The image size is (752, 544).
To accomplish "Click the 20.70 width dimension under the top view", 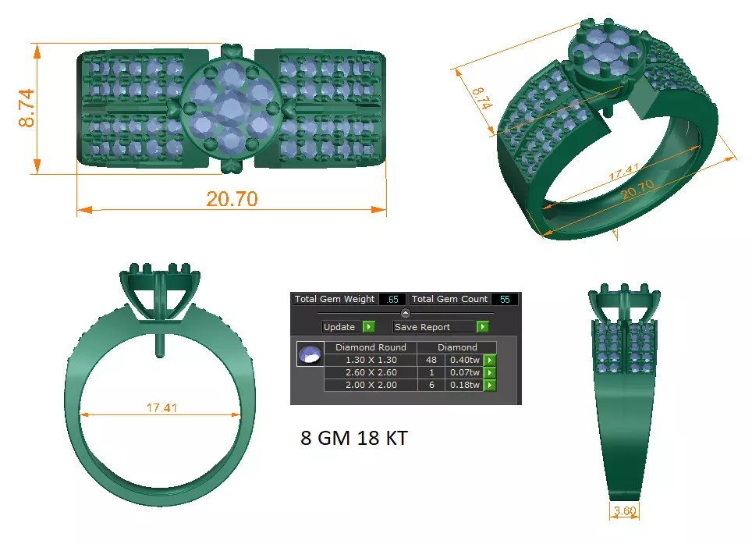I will click(x=232, y=199).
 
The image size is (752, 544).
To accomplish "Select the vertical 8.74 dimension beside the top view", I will click(x=27, y=108).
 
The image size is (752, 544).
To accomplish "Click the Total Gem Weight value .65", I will click(x=392, y=299).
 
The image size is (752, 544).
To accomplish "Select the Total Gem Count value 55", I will click(x=505, y=299).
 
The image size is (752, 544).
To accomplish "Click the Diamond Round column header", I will click(x=371, y=347).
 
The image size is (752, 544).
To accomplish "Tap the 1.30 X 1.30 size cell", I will click(x=371, y=360).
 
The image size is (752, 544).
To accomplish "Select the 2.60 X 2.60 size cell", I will click(x=371, y=372).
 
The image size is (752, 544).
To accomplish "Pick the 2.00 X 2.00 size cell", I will click(x=371, y=385).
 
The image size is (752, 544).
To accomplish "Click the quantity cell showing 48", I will click(x=431, y=360).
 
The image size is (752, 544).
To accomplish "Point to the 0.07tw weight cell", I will click(x=464, y=372).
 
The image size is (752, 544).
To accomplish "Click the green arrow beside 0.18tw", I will click(x=490, y=385).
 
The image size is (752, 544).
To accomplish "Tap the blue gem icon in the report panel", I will click(x=310, y=354).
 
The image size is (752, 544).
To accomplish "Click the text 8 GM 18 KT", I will click(x=353, y=438).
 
